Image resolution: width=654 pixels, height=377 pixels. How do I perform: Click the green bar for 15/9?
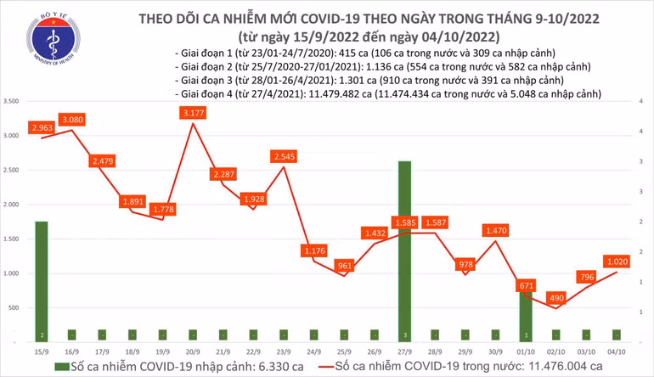coord(41,280)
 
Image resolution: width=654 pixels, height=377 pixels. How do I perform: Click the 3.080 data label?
coord(72,120)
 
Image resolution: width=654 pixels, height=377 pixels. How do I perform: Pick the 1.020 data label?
coord(619,261)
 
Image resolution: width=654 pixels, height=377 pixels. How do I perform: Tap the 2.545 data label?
coord(284,156)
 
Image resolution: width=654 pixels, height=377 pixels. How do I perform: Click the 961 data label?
coord(345,265)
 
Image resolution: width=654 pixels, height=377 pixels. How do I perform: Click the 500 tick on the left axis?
coord(16,308)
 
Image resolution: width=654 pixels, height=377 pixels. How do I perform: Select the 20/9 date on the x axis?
coord(192,350)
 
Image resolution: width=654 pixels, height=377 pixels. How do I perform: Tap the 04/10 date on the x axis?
coord(619,350)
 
